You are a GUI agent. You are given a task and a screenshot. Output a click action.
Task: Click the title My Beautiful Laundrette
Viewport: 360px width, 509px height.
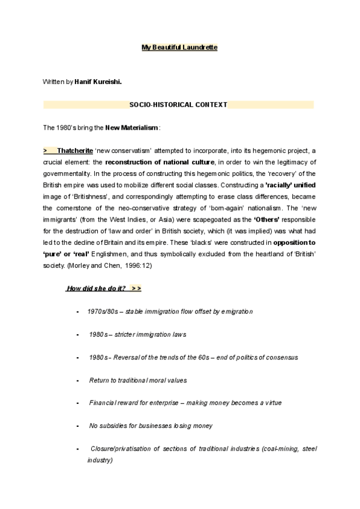click(179, 47)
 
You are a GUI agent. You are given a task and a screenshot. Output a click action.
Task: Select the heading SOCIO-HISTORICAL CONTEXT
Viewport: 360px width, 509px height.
click(178, 104)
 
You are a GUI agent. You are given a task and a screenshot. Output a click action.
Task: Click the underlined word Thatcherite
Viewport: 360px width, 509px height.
click(75, 151)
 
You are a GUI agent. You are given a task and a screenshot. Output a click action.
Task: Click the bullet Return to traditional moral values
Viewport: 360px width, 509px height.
click(137, 380)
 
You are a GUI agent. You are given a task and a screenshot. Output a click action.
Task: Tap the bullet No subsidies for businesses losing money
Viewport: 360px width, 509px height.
click(151, 426)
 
